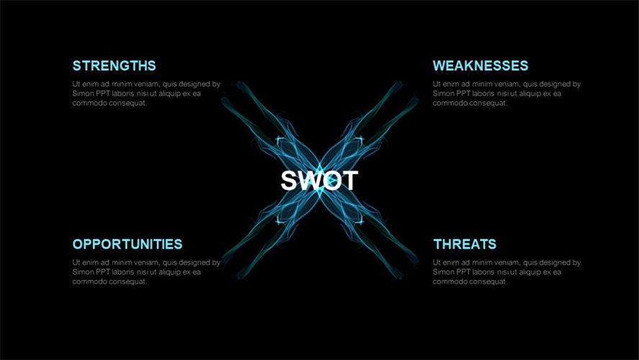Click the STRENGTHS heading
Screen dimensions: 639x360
114,66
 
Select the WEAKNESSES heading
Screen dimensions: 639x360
481,66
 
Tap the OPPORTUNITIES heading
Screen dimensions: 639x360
127,244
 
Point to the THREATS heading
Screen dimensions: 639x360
465,244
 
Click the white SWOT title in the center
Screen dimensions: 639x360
319,181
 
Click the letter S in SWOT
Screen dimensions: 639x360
289,181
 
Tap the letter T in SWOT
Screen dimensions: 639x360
350,181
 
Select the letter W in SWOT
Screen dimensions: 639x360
311,181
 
